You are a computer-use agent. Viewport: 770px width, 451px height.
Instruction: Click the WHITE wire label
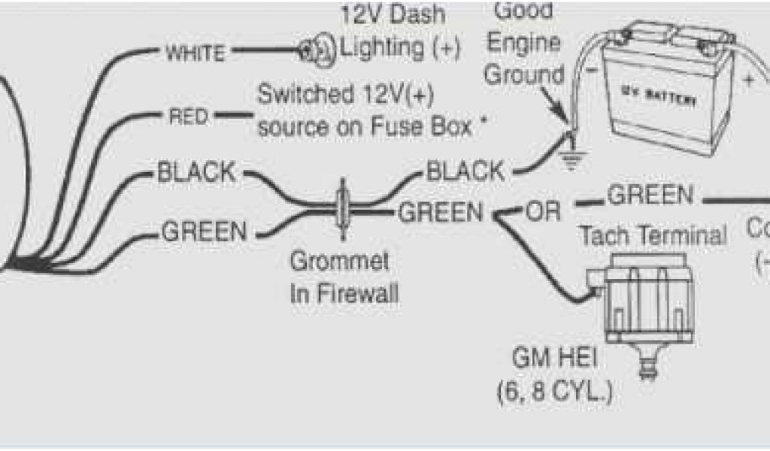(x=194, y=53)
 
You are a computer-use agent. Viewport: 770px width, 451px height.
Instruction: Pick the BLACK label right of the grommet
(x=465, y=172)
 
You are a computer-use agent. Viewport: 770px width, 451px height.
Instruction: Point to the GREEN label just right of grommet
(x=441, y=213)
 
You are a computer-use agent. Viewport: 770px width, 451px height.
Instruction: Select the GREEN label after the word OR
(x=650, y=195)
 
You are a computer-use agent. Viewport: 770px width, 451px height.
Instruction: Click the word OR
(x=544, y=212)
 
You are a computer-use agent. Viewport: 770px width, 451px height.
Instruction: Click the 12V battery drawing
(x=662, y=90)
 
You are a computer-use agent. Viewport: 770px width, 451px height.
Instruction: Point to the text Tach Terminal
(x=652, y=236)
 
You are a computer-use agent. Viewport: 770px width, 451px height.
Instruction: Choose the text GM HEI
(x=554, y=359)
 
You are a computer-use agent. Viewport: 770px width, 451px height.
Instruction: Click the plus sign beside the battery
(x=748, y=82)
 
